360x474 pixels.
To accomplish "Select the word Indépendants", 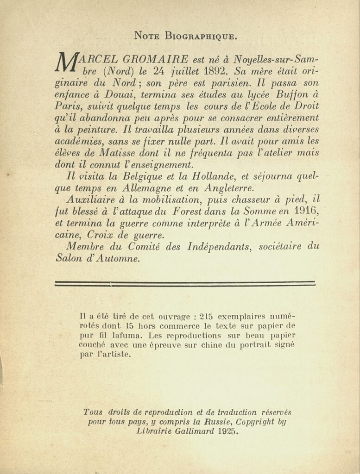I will [218, 247].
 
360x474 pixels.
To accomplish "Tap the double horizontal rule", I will [184, 284].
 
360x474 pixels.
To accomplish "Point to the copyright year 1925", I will [229, 432].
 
